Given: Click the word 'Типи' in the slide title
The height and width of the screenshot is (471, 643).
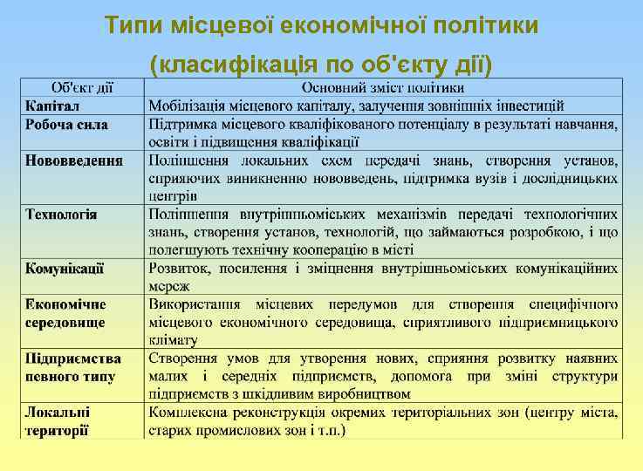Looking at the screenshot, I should (x=130, y=25).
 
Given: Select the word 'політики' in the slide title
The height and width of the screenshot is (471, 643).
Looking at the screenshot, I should (x=495, y=25).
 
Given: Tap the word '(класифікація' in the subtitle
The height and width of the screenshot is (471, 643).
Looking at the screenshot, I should (x=223, y=65).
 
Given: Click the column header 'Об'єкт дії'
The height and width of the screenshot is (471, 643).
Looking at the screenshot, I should (x=84, y=88).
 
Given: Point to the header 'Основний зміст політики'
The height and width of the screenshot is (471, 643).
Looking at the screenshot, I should (x=383, y=88).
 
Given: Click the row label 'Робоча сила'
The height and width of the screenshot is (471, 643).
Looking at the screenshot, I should (x=66, y=125).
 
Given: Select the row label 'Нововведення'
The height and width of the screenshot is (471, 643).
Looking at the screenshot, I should (x=73, y=160).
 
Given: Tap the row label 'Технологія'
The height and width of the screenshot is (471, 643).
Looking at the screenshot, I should (x=61, y=214).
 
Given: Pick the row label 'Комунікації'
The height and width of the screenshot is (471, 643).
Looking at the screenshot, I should (x=65, y=268).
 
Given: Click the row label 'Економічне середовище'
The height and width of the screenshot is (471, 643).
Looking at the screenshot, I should (x=65, y=312).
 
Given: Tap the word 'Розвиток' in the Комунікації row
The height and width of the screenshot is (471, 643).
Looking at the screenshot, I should (x=178, y=268).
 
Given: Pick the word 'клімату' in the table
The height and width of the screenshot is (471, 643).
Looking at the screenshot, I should (x=173, y=340).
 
